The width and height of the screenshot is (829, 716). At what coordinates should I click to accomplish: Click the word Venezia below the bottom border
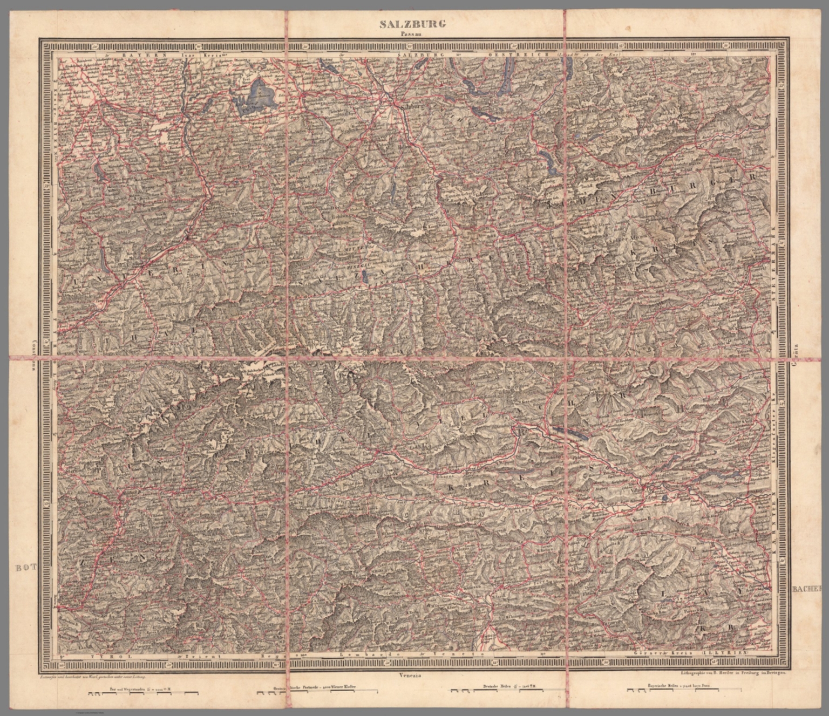click(411, 674)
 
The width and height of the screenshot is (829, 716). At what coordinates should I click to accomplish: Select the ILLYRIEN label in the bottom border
click(731, 652)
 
